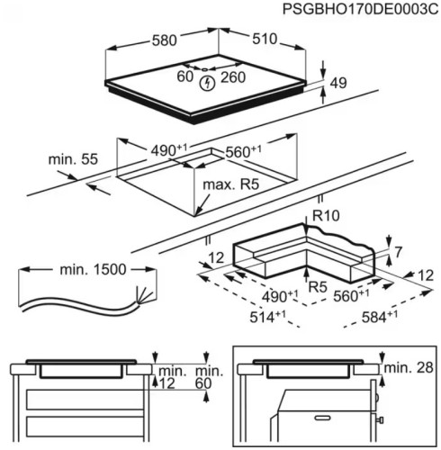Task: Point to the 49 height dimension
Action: (338, 84)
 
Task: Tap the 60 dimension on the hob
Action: (185, 78)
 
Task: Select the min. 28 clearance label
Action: (409, 369)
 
